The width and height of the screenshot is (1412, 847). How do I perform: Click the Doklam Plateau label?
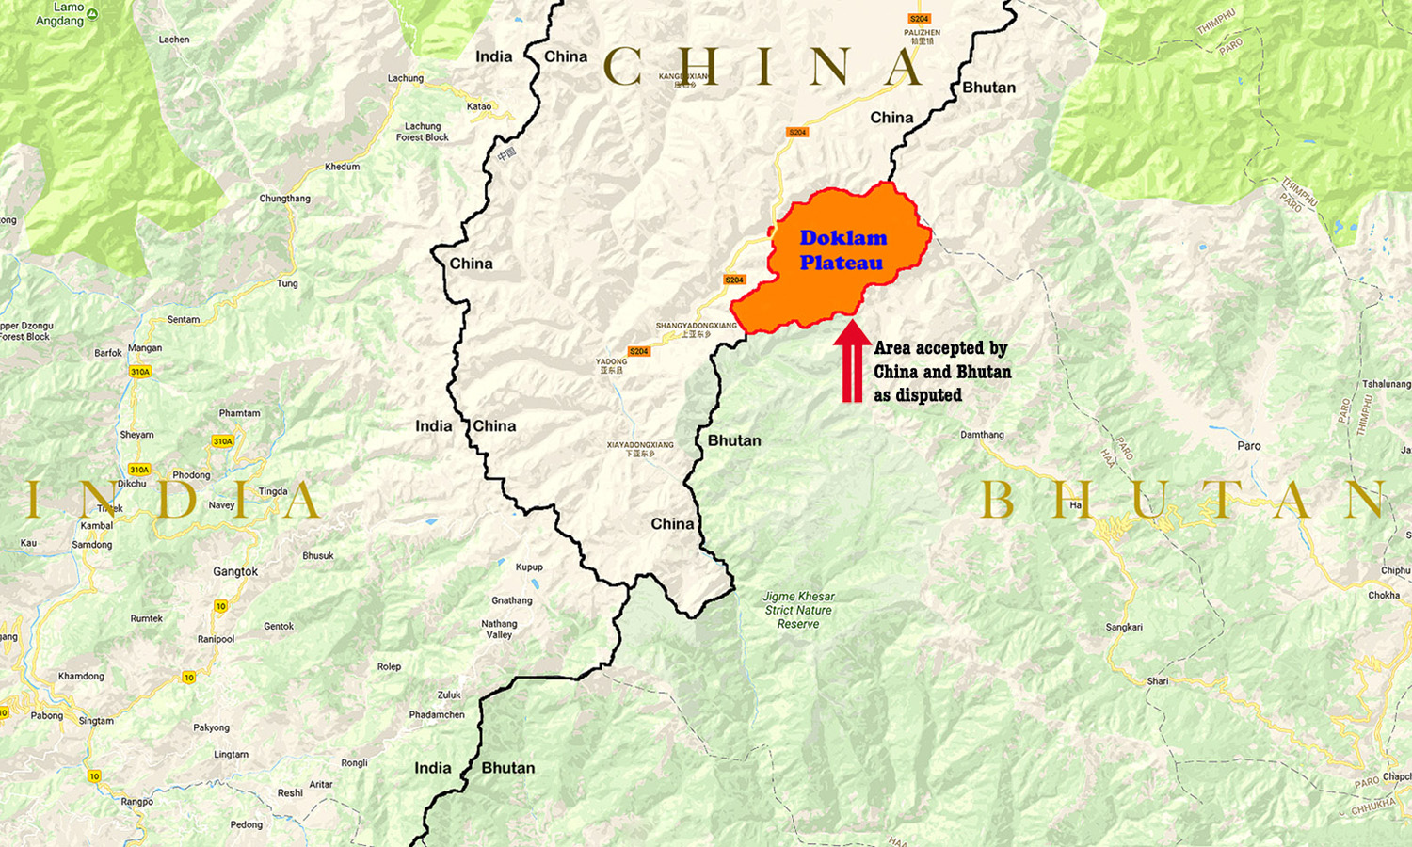pyautogui.click(x=842, y=250)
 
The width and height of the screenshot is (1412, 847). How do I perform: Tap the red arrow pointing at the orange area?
pyautogui.click(x=852, y=361)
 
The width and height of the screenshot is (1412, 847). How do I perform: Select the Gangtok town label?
pyautogui.click(x=235, y=571)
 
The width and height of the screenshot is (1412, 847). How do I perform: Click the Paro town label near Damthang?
pyautogui.click(x=1249, y=446)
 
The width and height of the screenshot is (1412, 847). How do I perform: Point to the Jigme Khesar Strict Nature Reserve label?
pyautogui.click(x=798, y=610)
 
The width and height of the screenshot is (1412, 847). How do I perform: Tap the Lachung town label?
pyautogui.click(x=406, y=78)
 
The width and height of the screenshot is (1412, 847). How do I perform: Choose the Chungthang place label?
pyautogui.click(x=284, y=199)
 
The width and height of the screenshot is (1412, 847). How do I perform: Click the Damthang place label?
pyautogui.click(x=982, y=435)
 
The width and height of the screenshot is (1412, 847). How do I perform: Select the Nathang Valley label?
pyautogui.click(x=499, y=629)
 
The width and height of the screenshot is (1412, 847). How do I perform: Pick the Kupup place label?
pyautogui.click(x=529, y=567)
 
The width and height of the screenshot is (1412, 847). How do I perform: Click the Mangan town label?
pyautogui.click(x=145, y=348)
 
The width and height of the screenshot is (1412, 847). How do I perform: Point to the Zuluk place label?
pyautogui.click(x=449, y=695)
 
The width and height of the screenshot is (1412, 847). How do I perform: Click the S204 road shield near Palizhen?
pyautogui.click(x=919, y=19)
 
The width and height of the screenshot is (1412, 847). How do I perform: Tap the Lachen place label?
pyautogui.click(x=174, y=40)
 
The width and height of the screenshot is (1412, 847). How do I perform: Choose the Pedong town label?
pyautogui.click(x=247, y=824)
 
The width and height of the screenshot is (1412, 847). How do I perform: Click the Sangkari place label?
pyautogui.click(x=1124, y=627)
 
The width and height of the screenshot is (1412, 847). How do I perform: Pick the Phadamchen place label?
pyautogui.click(x=437, y=714)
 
